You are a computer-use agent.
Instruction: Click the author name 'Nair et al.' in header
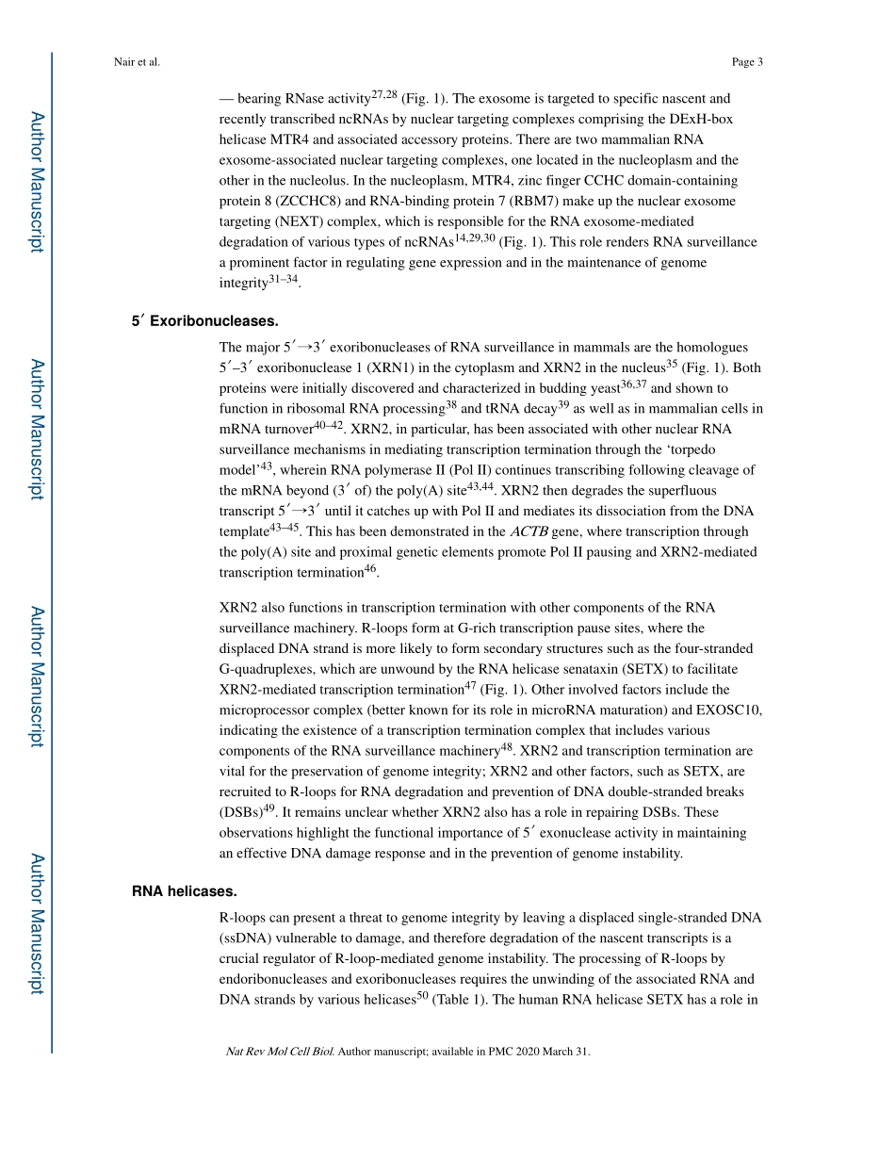coord(136,62)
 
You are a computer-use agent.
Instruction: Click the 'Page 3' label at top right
coord(746,62)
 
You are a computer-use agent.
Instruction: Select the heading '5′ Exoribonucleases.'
coord(204,321)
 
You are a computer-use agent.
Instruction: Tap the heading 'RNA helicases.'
coord(184,890)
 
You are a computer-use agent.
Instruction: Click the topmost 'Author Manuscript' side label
coord(37,181)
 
